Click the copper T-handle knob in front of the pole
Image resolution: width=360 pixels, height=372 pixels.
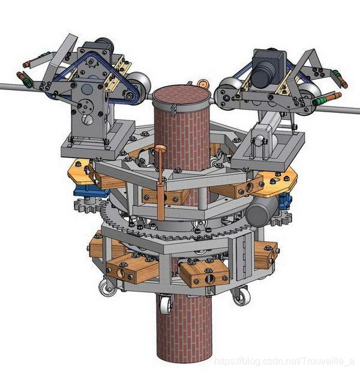click(160, 149)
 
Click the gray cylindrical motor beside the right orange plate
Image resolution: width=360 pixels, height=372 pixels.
click(260, 212)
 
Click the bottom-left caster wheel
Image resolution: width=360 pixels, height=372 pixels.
click(107, 287)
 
